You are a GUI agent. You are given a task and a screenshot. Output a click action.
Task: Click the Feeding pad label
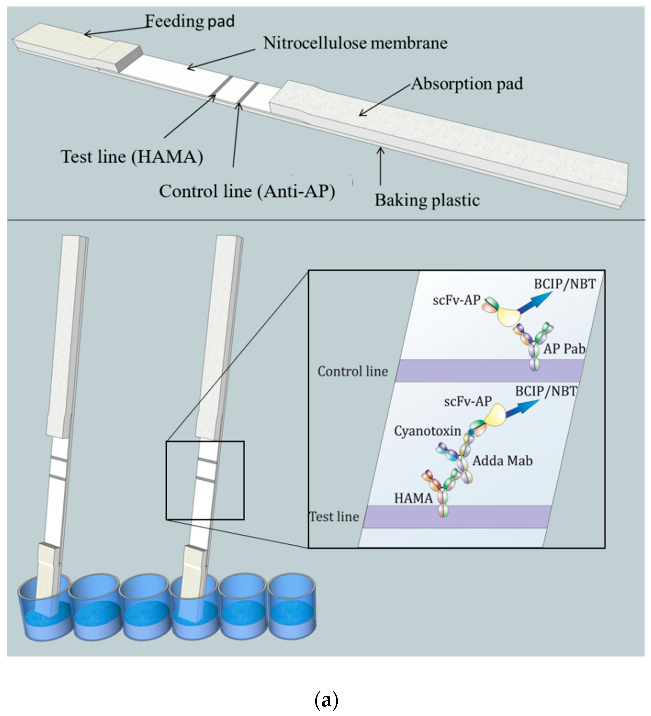point(190,21)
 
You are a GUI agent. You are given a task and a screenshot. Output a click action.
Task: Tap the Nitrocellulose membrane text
point(355,43)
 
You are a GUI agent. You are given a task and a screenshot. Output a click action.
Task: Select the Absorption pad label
point(466,84)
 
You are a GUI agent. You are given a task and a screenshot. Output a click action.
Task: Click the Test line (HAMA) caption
point(132,157)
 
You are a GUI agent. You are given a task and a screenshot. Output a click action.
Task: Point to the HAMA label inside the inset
point(413,499)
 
